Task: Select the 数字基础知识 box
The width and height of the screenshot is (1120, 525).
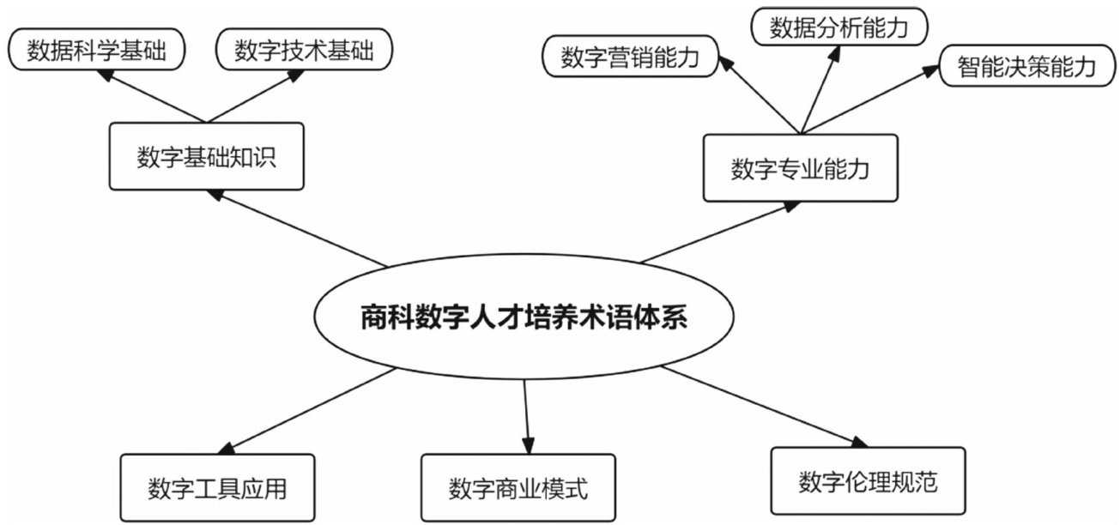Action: tap(206, 156)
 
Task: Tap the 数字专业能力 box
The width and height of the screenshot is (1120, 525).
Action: tap(800, 168)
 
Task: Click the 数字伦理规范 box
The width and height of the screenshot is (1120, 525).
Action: tap(868, 481)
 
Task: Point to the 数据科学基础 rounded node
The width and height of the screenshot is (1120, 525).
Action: tap(98, 51)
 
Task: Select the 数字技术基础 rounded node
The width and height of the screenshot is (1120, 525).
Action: tap(304, 51)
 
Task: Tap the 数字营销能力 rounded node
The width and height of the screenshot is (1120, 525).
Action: tap(629, 57)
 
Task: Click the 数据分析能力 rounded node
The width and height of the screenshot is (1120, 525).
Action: tap(838, 27)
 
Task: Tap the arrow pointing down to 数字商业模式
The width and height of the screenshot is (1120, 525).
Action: tap(526, 416)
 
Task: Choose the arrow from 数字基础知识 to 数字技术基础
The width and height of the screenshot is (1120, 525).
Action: tap(253, 97)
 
